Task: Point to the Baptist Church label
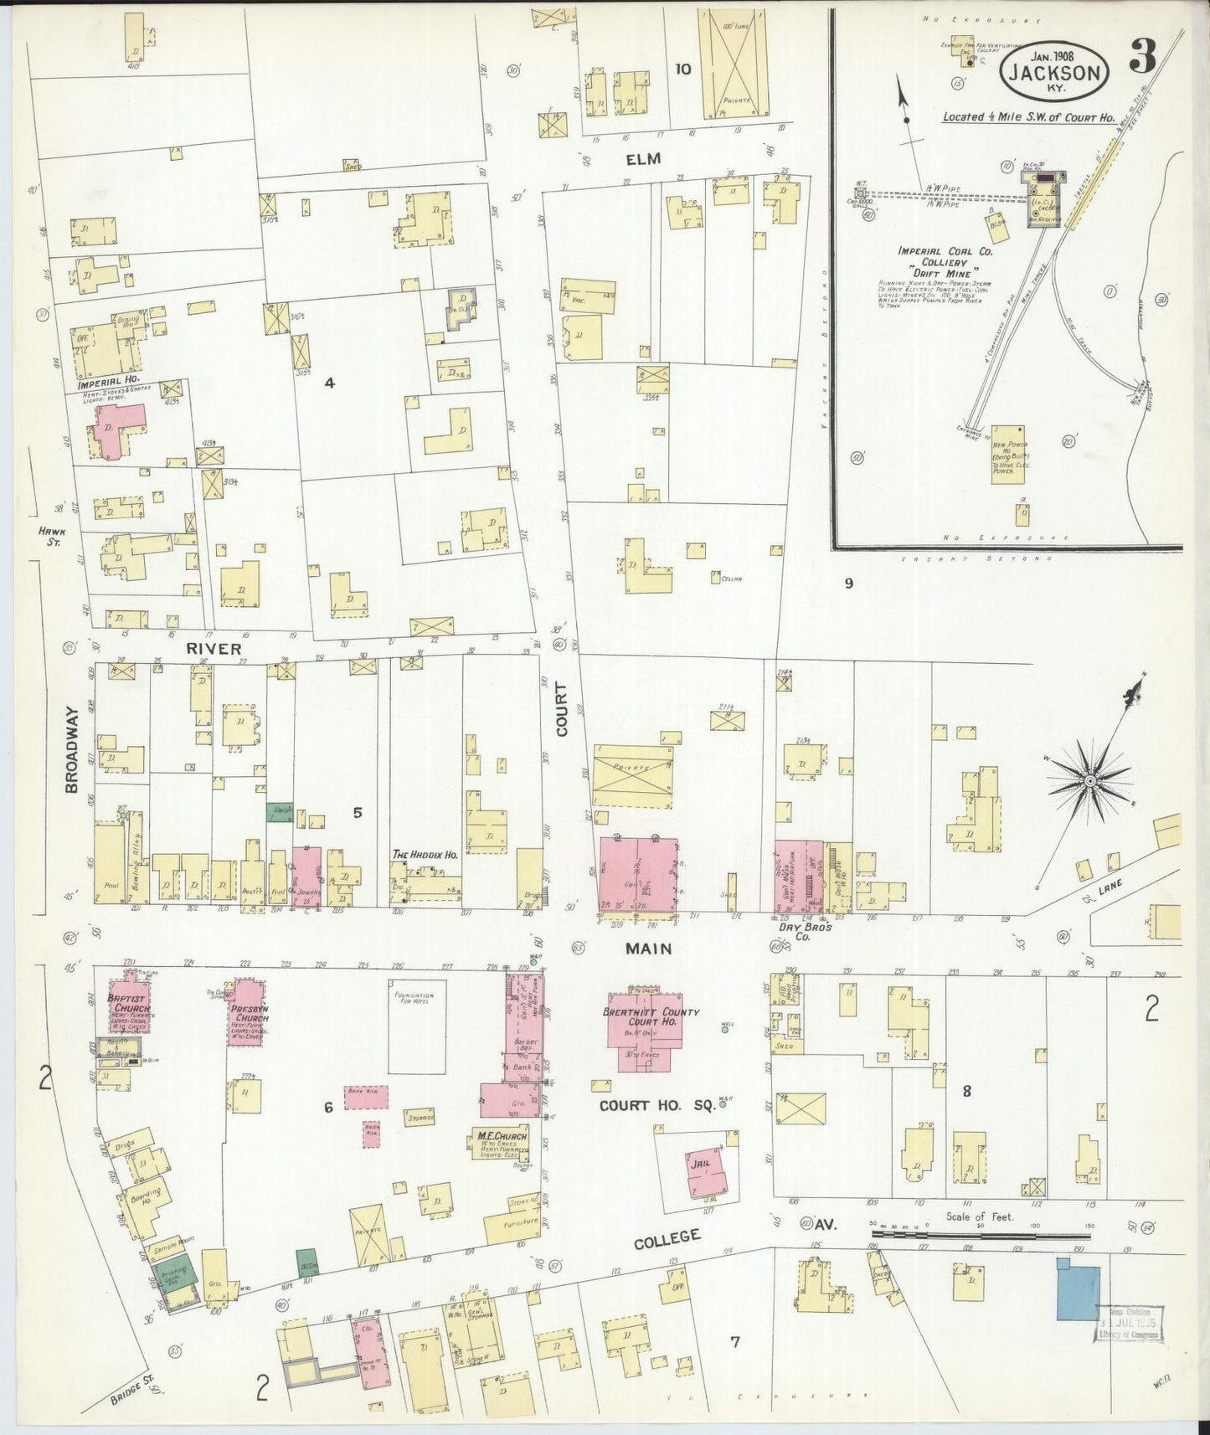click(126, 1004)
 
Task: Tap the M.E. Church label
click(502, 1137)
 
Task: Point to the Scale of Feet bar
click(980, 1233)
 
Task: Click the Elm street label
click(642, 158)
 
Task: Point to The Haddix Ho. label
click(425, 855)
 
